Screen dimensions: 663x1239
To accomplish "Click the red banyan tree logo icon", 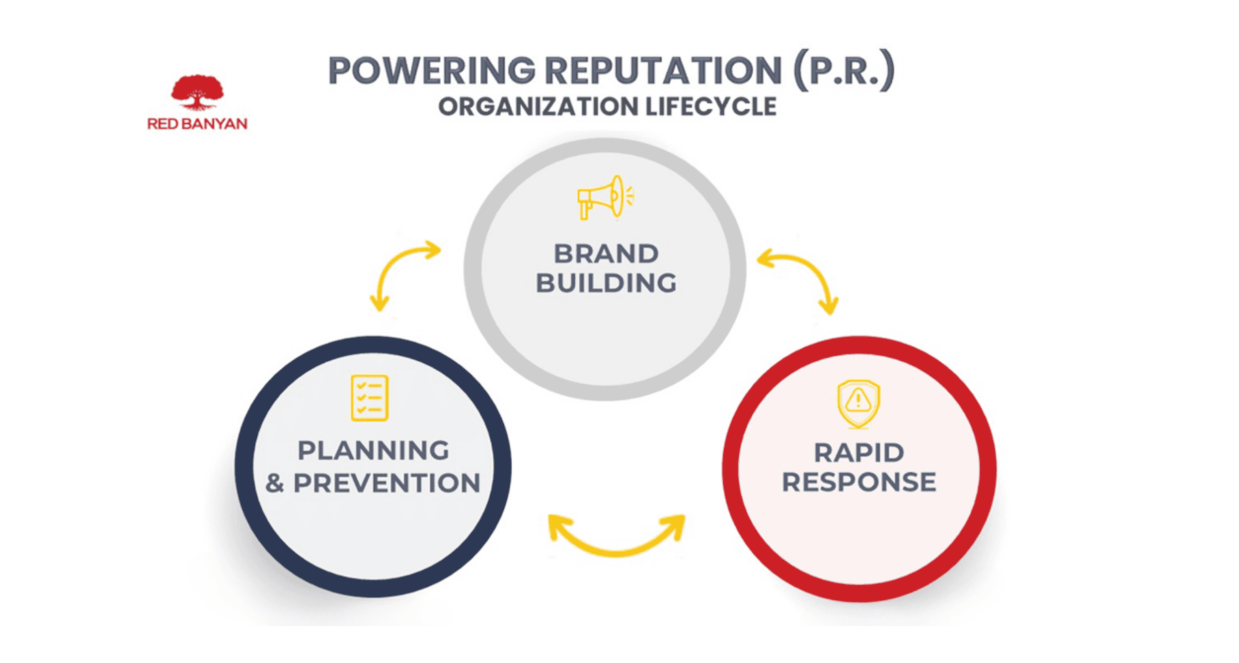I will click(197, 93).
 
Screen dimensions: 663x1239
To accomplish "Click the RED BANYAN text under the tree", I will click(197, 124).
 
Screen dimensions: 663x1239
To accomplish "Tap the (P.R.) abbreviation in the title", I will click(843, 71).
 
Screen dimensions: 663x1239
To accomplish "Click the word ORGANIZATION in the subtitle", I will click(537, 107).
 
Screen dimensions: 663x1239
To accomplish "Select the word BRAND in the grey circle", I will click(606, 254).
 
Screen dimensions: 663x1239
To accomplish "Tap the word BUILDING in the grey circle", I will click(606, 283).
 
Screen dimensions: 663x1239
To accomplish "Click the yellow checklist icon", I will click(370, 398).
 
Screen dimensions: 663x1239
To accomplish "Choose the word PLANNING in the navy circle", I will click(373, 451).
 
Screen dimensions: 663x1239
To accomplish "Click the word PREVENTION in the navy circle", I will click(387, 483).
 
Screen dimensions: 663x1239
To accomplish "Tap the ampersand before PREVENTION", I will click(275, 484).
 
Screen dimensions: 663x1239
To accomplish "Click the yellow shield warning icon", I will click(858, 403).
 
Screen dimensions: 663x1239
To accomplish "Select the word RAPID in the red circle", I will click(859, 453).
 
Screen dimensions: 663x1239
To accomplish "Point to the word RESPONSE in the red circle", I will click(859, 483).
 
